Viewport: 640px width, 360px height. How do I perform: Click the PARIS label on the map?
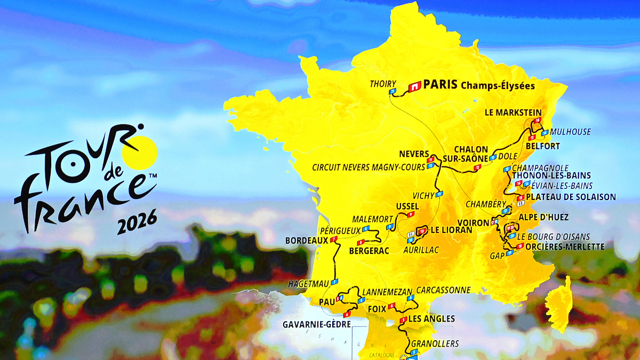pos(440,85)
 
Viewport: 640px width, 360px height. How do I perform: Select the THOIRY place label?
pos(383,84)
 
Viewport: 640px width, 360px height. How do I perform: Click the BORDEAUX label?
pos(307,241)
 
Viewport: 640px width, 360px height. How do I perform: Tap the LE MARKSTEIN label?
pos(513,113)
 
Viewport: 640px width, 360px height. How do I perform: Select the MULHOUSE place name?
pos(571,132)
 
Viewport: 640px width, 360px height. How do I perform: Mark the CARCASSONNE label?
pos(444,290)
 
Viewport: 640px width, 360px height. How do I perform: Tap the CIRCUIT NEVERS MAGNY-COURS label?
pos(369,167)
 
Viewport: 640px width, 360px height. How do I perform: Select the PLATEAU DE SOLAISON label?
pos(571,197)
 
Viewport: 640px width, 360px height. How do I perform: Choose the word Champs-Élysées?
pos(497,85)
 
